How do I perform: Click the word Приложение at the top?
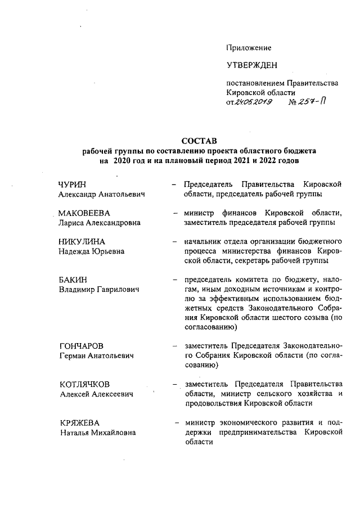[249, 48]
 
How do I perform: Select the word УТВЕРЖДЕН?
[251, 66]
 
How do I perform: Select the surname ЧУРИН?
[74, 184]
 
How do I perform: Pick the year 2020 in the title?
[121, 161]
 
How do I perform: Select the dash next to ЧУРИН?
[174, 184]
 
